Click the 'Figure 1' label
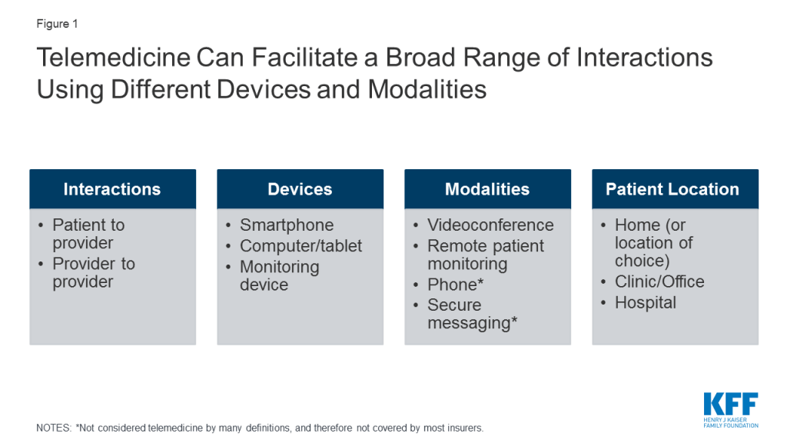pyautogui.click(x=57, y=24)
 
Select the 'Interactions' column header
pyautogui.click(x=112, y=189)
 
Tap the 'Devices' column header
pyautogui.click(x=300, y=189)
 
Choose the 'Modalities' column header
pyautogui.click(x=486, y=189)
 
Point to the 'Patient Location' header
pyautogui.click(x=672, y=189)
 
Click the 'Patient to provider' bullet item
pyautogui.click(x=88, y=234)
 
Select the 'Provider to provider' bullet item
pyautogui.click(x=94, y=273)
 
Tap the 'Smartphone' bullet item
pyautogui.click(x=287, y=225)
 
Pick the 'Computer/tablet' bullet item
pyautogui.click(x=301, y=245)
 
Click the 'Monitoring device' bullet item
pyautogui.click(x=280, y=275)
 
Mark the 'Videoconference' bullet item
pyautogui.click(x=490, y=225)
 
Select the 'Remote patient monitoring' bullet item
pyautogui.click(x=486, y=255)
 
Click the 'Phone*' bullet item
pyautogui.click(x=455, y=285)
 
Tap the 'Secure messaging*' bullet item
pyautogui.click(x=473, y=314)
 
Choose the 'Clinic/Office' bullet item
pyautogui.click(x=659, y=281)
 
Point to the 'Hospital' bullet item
pyautogui.click(x=646, y=303)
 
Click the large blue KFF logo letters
pyautogui.click(x=731, y=404)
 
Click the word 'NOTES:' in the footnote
pyautogui.click(x=55, y=428)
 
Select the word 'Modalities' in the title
pyautogui.click(x=427, y=89)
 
